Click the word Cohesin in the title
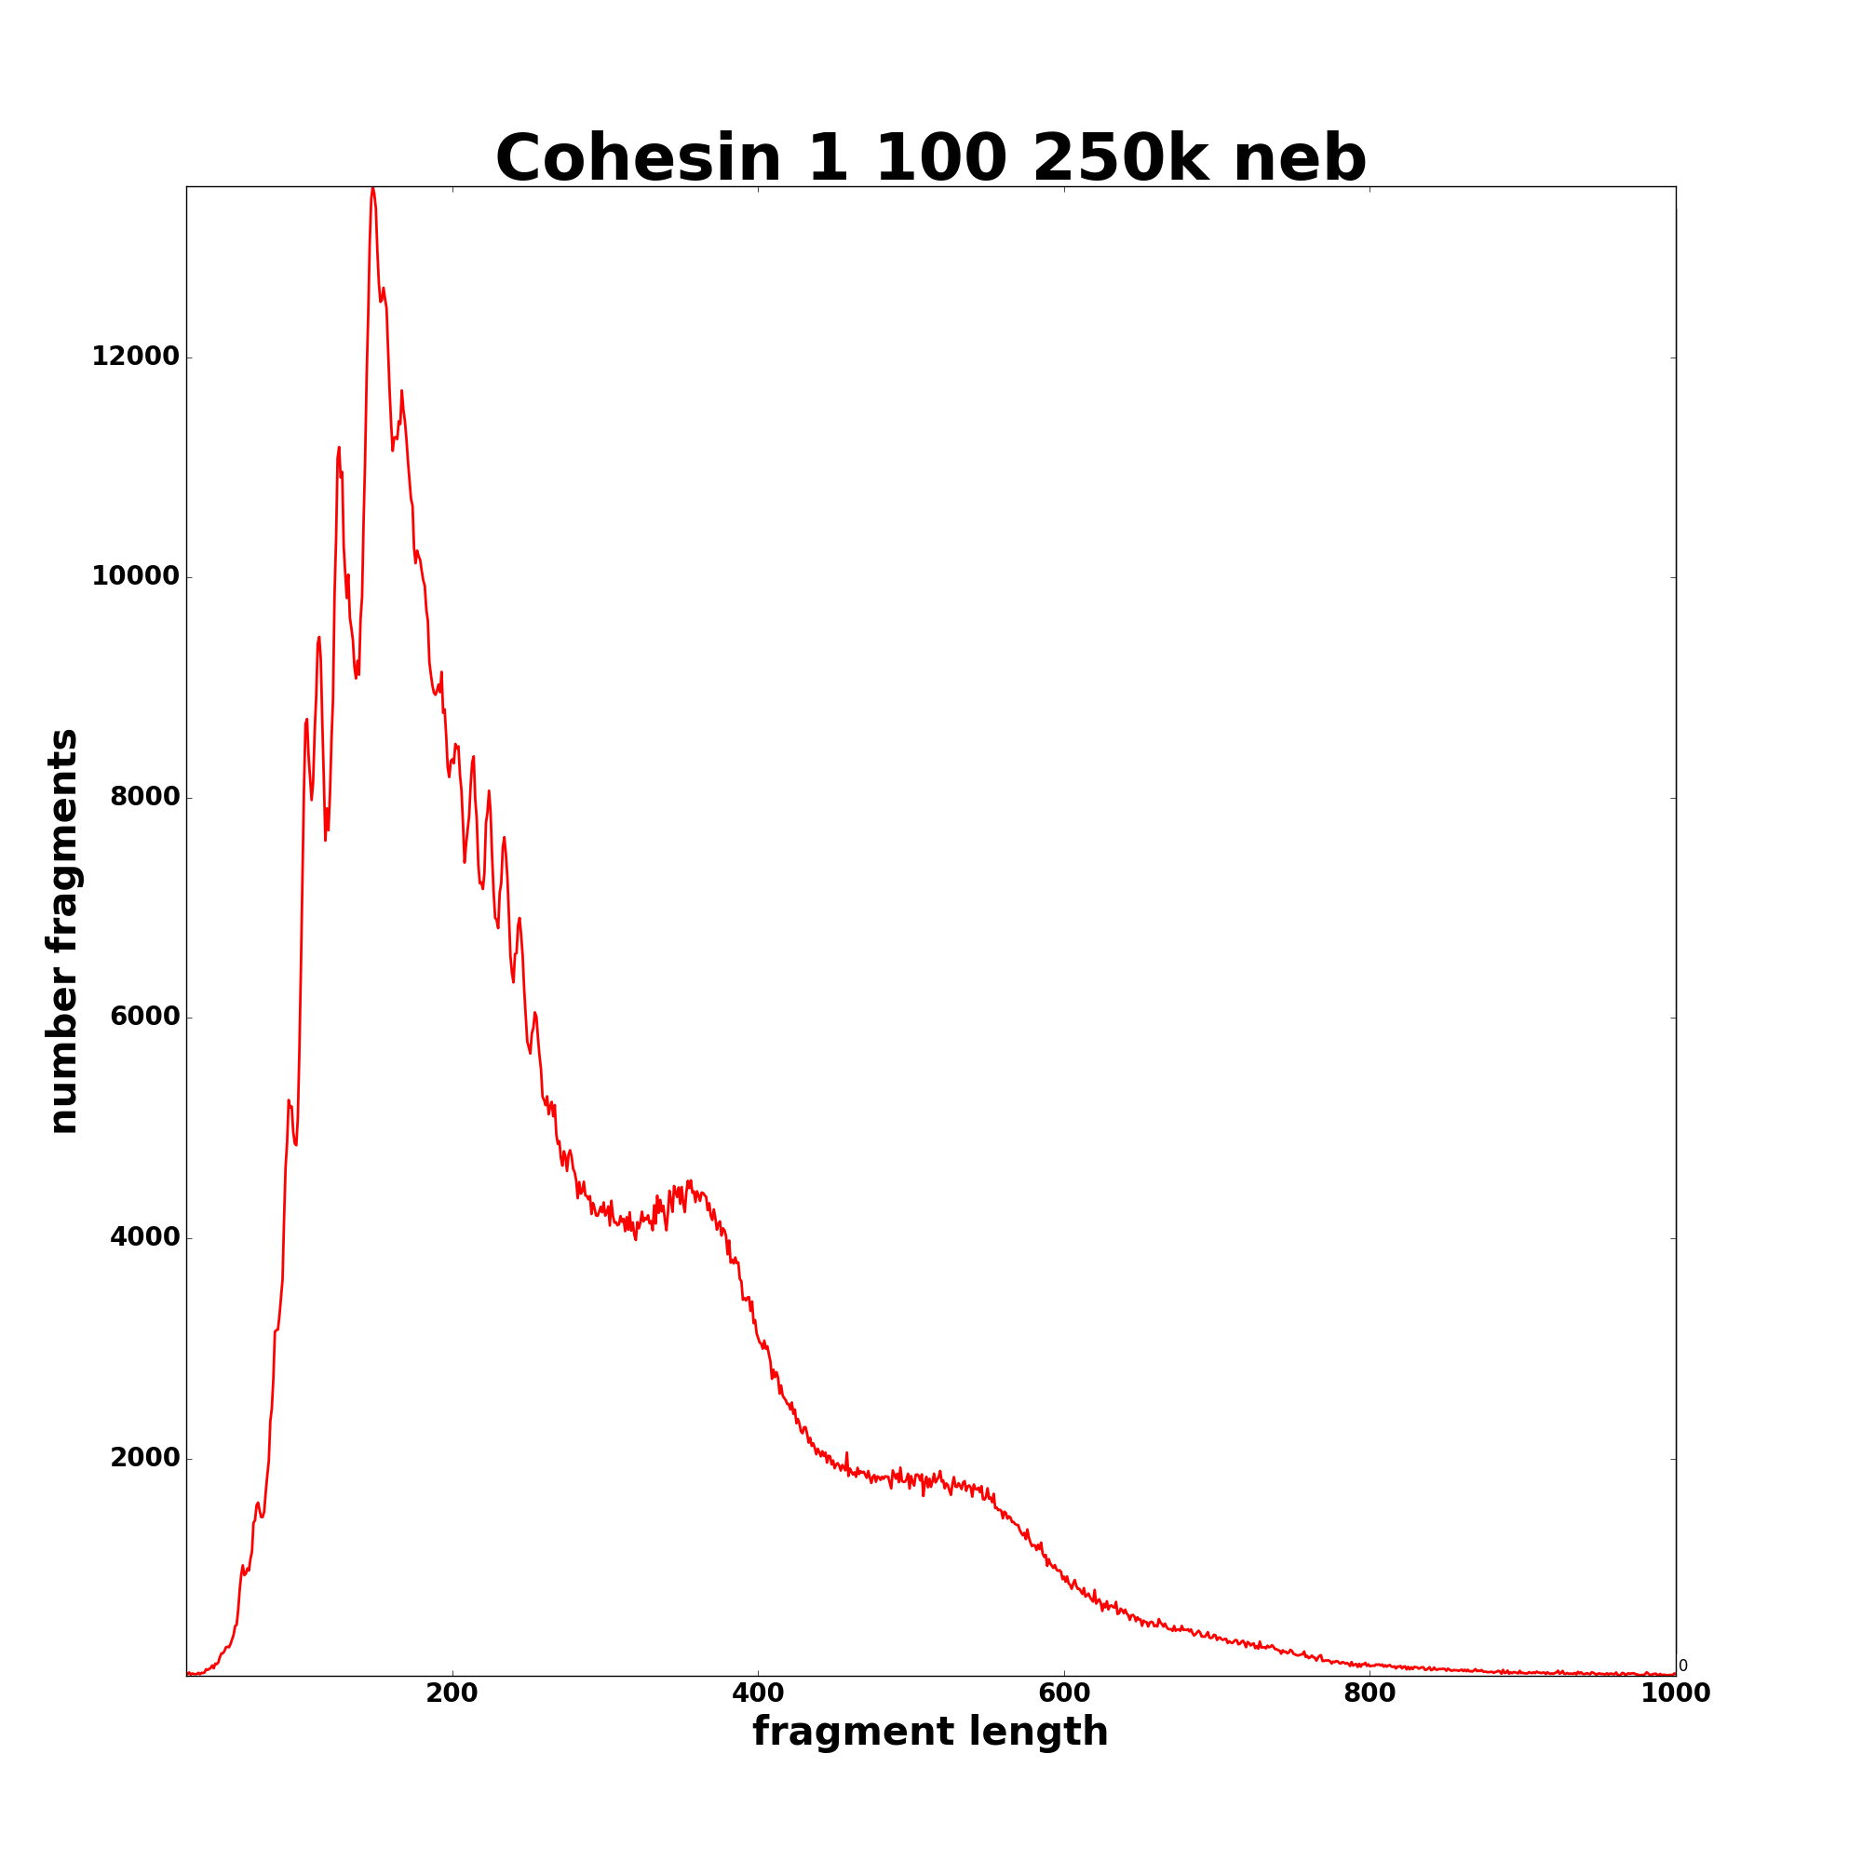tap(638, 159)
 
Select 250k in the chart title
tap(1119, 159)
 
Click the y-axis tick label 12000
tap(136, 358)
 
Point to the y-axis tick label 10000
tap(136, 577)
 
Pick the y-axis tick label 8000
tap(144, 797)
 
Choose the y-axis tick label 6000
tap(144, 1018)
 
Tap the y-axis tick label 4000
tap(144, 1237)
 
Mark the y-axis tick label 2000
tap(144, 1458)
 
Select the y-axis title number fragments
tap(63, 931)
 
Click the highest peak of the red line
tap(372, 190)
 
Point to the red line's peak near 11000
tap(339, 448)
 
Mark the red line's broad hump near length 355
tap(689, 1182)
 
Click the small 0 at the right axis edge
tap(1682, 1666)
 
